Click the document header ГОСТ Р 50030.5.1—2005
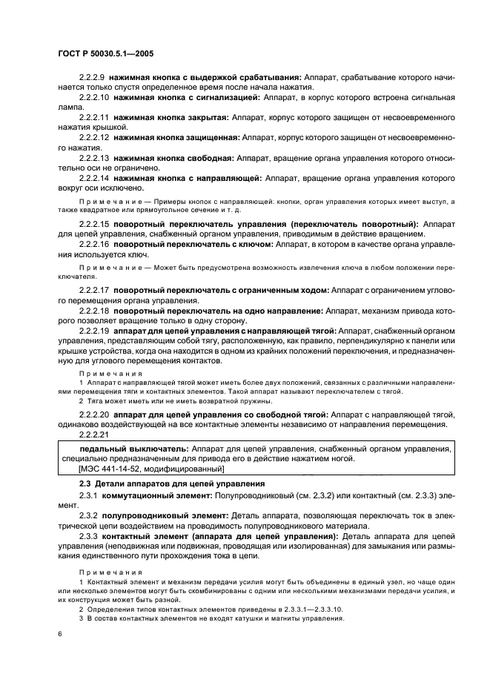tap(110, 54)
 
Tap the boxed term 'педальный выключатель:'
tap(133, 449)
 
